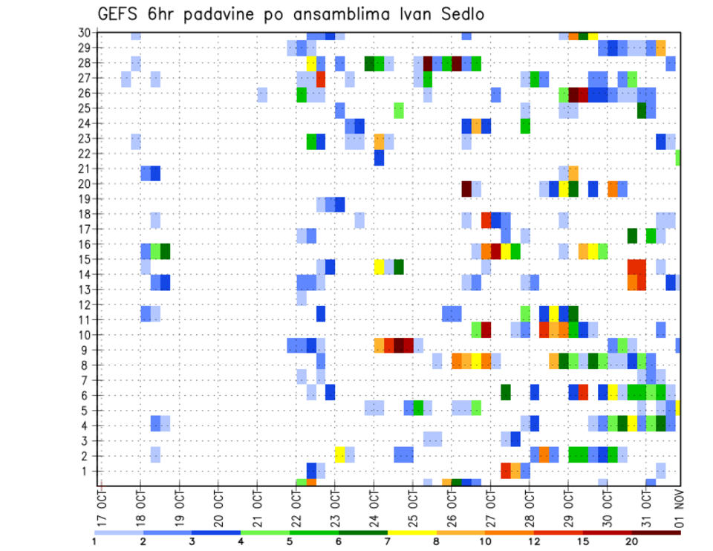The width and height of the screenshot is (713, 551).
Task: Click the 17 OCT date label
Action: (x=102, y=504)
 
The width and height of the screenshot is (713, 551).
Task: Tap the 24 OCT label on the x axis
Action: (x=374, y=504)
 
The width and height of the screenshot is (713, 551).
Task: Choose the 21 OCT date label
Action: (x=257, y=504)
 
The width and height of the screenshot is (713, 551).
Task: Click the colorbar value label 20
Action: (x=632, y=541)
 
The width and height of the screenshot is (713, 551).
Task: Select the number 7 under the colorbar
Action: (x=388, y=541)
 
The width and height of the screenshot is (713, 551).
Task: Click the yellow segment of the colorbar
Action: (x=411, y=532)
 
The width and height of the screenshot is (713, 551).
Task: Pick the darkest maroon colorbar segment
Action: (x=656, y=532)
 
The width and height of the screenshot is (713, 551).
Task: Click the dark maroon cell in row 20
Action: (x=466, y=189)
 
